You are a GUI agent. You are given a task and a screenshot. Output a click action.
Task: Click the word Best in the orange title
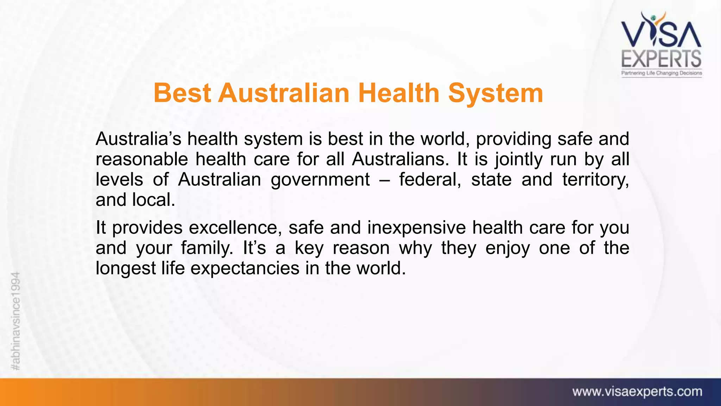[182, 93]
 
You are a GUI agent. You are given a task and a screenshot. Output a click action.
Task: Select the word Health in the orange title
[399, 93]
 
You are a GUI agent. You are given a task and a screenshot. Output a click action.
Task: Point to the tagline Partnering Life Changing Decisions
[662, 73]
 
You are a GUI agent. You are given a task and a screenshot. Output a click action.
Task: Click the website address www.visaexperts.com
[637, 392]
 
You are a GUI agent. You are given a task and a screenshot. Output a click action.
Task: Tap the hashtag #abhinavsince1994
[16, 321]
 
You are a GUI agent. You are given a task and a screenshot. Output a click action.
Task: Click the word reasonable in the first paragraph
[142, 159]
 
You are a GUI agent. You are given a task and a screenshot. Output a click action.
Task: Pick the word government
[320, 180]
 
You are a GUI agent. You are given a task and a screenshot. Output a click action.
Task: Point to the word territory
[595, 180]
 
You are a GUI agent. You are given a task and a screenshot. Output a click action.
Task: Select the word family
[207, 248]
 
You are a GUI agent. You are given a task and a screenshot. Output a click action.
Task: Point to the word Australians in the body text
[400, 159]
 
